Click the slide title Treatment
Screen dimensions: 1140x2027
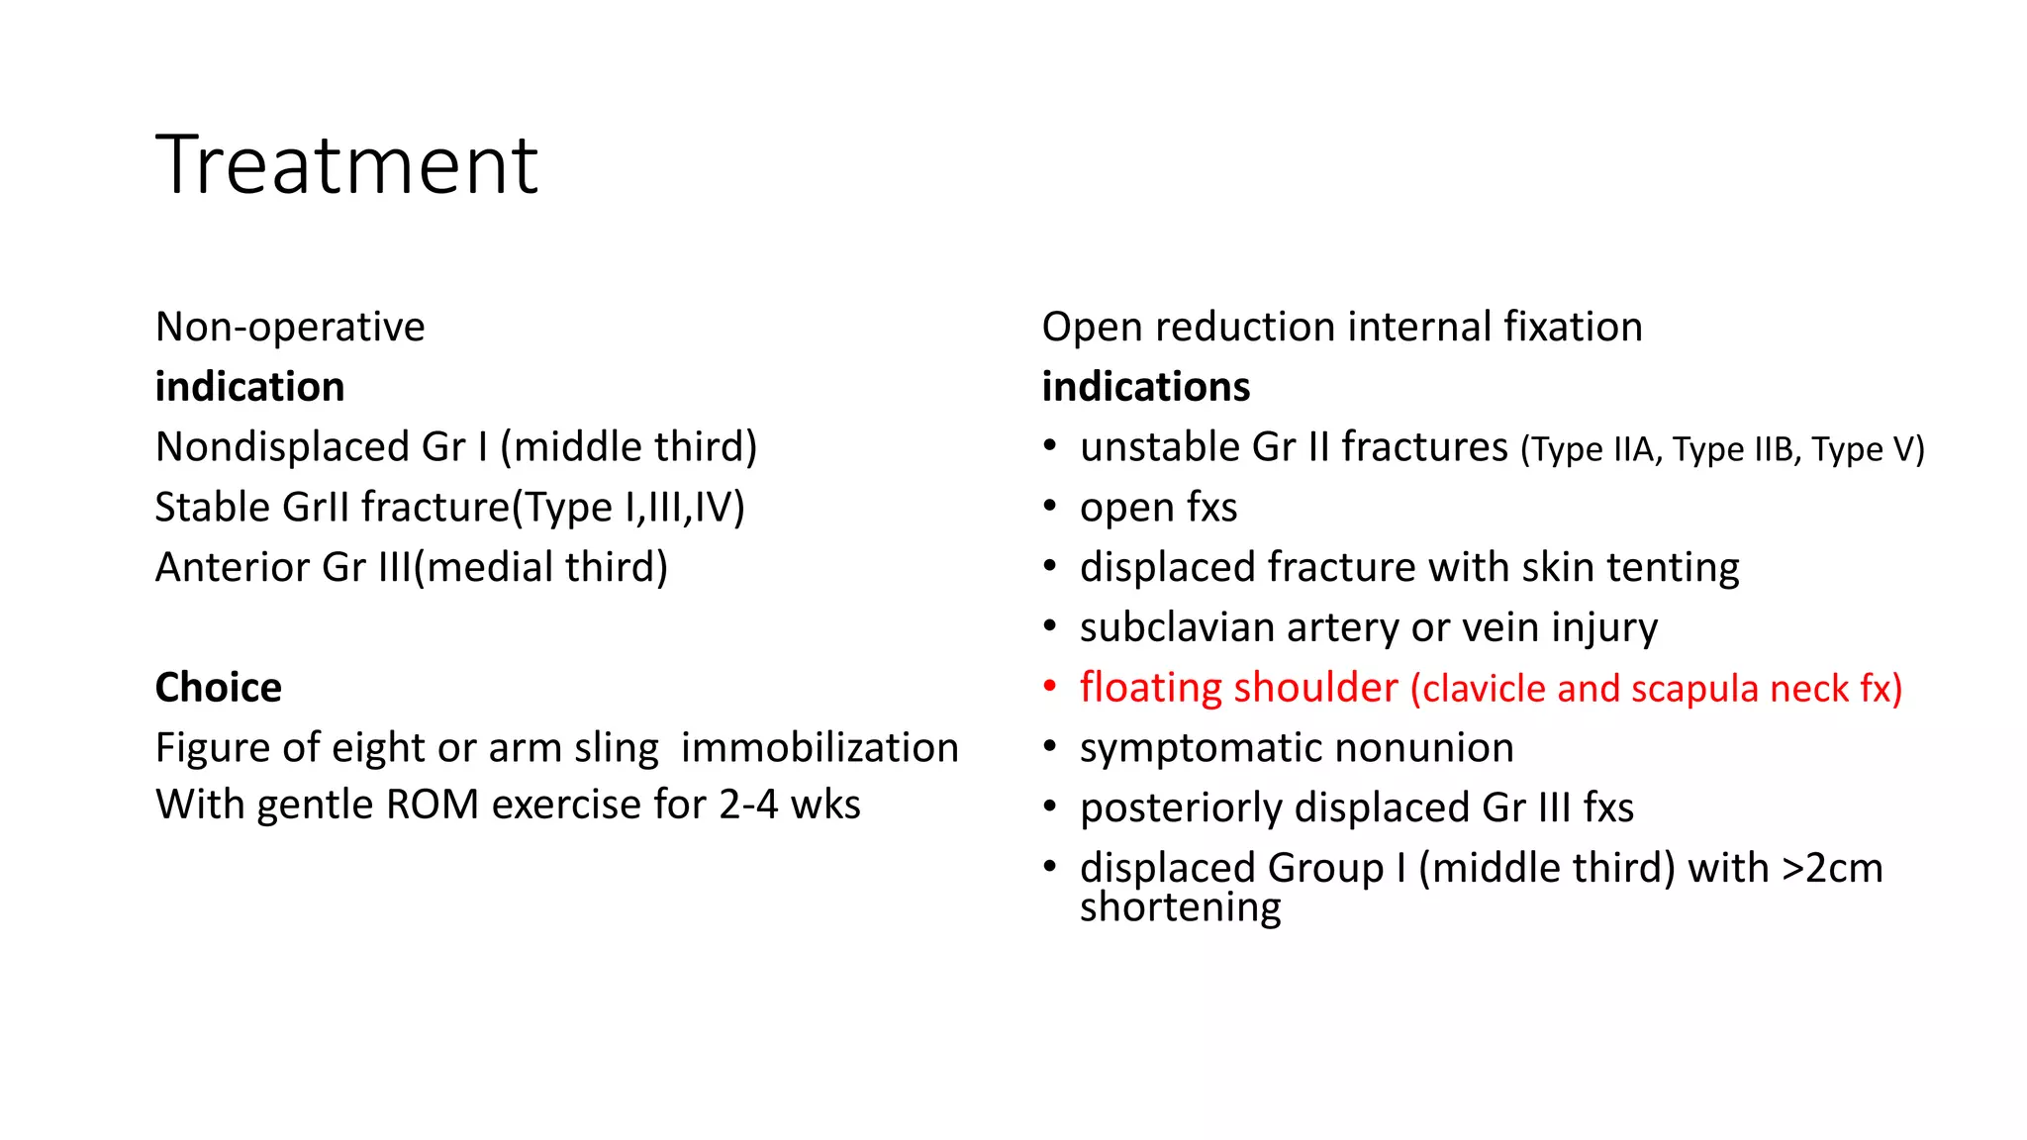click(346, 165)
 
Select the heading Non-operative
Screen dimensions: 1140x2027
click(290, 327)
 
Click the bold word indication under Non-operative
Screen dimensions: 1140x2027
click(249, 387)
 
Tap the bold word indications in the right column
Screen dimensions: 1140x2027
click(1145, 387)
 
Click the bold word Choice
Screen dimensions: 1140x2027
click(218, 688)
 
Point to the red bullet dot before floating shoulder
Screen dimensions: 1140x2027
click(1050, 686)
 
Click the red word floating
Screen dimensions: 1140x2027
click(1149, 688)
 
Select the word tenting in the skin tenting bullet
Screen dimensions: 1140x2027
click(1673, 568)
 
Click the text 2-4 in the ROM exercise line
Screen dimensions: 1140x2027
click(748, 805)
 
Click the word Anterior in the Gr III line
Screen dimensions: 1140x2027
click(233, 568)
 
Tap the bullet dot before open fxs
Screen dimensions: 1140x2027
click(1050, 507)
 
